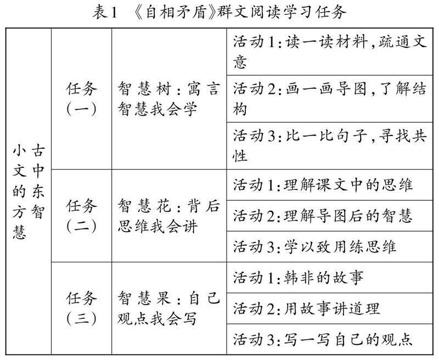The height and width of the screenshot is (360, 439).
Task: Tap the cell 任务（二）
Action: pos(82,216)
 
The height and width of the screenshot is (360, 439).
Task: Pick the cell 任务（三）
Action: pos(82,308)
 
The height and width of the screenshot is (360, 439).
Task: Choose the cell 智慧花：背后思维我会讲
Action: pos(168,216)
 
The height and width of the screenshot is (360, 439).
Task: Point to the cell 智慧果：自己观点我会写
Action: pos(168,308)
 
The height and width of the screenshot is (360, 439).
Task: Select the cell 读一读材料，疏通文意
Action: pos(330,52)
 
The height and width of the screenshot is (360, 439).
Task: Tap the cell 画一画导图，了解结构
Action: pos(330,98)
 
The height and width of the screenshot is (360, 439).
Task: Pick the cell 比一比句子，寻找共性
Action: pos(330,145)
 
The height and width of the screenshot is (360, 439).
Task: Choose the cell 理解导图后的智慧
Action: pos(330,216)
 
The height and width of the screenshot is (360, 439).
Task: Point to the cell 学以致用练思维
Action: pos(330,246)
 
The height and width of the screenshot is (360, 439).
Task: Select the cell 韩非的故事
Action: pos(330,277)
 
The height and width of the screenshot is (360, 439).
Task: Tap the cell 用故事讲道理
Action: pos(330,308)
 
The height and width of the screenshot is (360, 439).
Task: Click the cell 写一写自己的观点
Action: pos(330,339)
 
